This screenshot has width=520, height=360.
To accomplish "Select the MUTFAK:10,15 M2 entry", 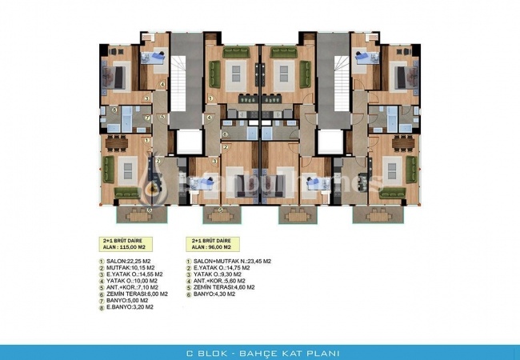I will click(x=127, y=267).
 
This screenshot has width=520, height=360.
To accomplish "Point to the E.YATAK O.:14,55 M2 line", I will click(x=132, y=274).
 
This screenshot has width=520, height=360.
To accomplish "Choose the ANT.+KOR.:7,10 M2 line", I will click(x=131, y=286).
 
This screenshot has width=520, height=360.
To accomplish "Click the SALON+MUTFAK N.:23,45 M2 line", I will click(x=232, y=261).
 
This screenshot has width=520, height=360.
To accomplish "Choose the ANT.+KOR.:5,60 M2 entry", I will click(x=219, y=280).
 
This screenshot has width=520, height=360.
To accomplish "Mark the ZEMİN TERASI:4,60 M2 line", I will click(x=224, y=286).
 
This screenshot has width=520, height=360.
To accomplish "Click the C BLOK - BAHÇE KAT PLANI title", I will click(x=259, y=351).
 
